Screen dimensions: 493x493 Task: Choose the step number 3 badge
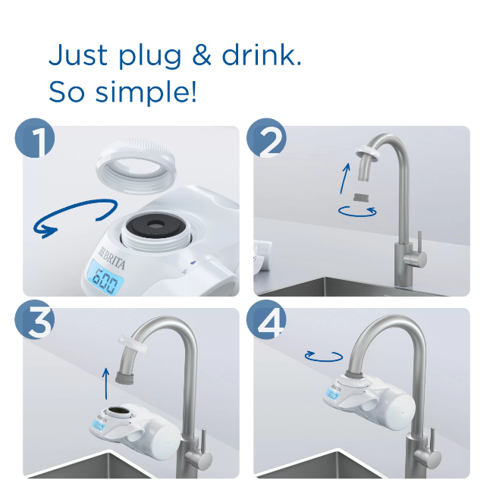point(35,322)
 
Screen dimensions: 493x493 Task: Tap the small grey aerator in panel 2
point(363,199)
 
